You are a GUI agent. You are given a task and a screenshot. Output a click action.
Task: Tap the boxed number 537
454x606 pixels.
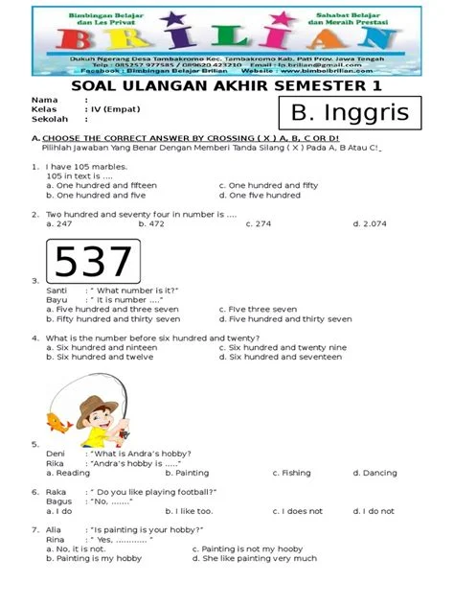click(93, 262)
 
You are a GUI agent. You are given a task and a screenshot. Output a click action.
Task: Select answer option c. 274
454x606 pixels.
click(259, 223)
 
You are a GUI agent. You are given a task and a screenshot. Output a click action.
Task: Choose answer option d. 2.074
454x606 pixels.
click(369, 223)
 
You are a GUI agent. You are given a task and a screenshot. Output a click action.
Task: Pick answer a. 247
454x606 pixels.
click(58, 223)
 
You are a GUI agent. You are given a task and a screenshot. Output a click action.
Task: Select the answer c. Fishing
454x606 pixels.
click(291, 473)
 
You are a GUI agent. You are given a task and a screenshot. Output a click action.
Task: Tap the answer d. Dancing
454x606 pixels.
click(374, 473)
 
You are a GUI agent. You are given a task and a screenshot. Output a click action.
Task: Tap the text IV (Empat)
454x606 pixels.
click(115, 110)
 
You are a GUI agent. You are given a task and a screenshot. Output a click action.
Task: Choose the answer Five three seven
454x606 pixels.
click(258, 310)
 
